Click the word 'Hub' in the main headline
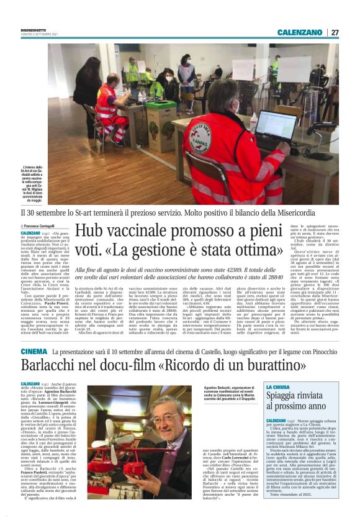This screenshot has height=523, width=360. pyautogui.click(x=88, y=233)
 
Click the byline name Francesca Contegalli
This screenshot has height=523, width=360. pyautogui.click(x=39, y=226)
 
